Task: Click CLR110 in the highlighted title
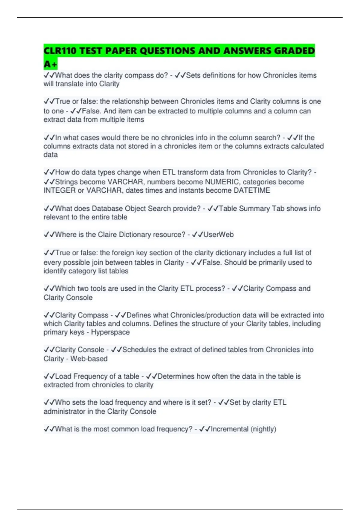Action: [x=60, y=51]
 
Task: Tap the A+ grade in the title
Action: [x=50, y=64]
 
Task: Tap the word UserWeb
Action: [x=218, y=235]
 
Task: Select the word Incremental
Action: [x=229, y=429]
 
